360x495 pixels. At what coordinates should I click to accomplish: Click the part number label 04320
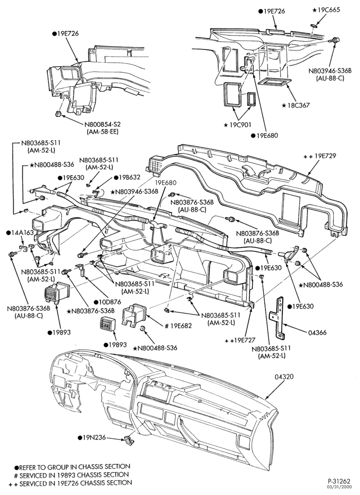pos(284,377)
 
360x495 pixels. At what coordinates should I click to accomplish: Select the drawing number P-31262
pos(339,482)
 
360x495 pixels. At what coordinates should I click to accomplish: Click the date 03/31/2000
pos(340,488)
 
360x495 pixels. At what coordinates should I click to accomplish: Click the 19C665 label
pos(326,10)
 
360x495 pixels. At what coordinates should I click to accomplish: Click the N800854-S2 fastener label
pos(102,125)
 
